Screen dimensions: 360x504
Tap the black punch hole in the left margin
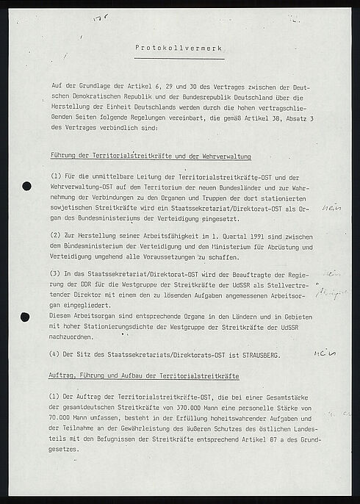pyautogui.click(x=27, y=185)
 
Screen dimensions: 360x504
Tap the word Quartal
pyautogui.click(x=193, y=235)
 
